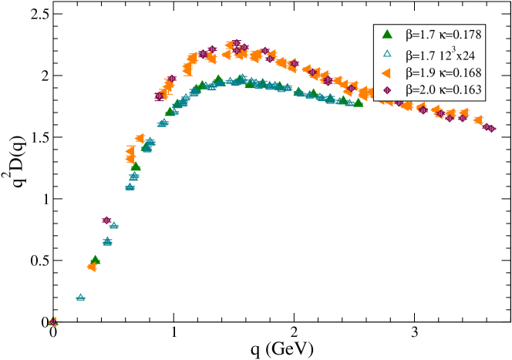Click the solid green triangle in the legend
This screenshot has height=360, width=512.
388,35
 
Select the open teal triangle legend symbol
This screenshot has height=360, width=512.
388,54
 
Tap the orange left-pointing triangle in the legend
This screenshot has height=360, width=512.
387,72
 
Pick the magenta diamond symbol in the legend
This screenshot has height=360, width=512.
388,91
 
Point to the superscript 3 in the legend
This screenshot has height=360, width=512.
453,49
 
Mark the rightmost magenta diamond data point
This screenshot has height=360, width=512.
491,128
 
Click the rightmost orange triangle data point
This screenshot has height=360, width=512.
478,120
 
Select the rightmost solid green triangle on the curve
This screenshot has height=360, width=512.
359,103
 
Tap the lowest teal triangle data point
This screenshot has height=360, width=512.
80,297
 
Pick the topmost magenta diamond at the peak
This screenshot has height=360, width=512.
236,43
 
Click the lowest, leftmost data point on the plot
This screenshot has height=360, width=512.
52,321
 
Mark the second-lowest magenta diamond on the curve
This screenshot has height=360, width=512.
106,220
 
